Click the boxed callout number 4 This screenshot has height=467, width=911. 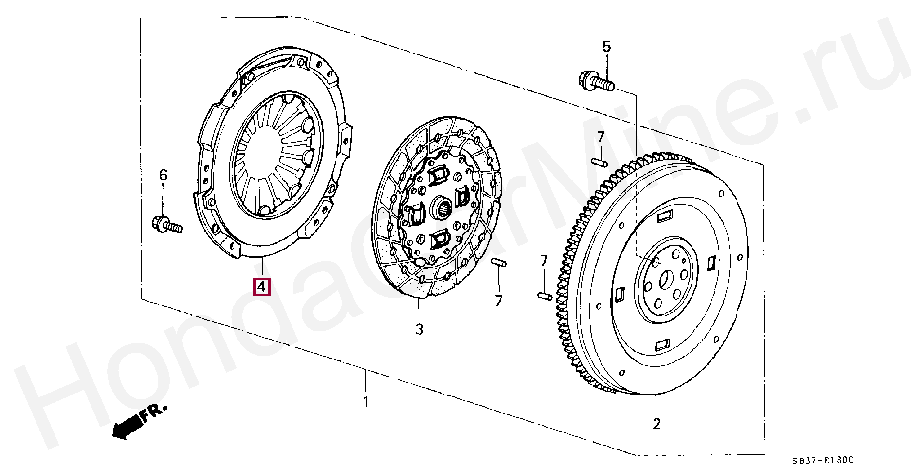[x=261, y=287]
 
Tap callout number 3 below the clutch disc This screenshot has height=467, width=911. [x=419, y=329]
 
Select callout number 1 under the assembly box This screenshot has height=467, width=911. [x=366, y=402]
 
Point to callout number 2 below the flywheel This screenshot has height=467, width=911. [x=656, y=424]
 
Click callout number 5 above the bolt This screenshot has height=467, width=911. [x=606, y=47]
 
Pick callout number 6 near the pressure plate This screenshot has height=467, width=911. [x=164, y=175]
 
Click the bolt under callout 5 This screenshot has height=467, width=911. [x=596, y=82]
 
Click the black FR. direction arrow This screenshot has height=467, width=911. [x=128, y=427]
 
